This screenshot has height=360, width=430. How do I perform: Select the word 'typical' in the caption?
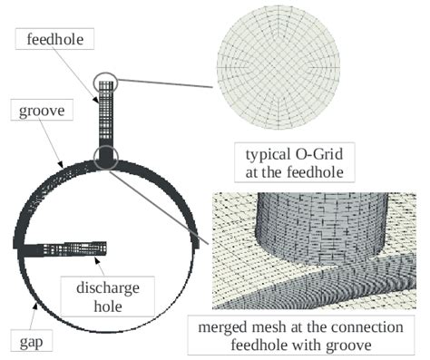pos(263,151)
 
